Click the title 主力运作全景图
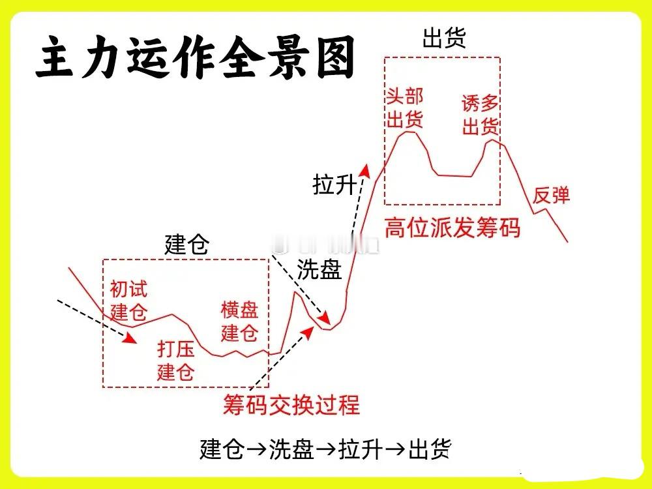click(x=196, y=58)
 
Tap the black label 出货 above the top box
click(x=444, y=38)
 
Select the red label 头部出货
click(x=405, y=108)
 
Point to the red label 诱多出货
click(x=481, y=115)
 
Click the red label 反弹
click(x=551, y=195)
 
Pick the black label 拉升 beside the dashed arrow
click(x=334, y=185)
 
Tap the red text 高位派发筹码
click(x=452, y=228)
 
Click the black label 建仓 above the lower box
click(x=186, y=246)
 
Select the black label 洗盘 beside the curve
click(x=319, y=269)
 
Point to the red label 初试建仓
click(x=128, y=300)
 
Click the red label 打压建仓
click(x=176, y=361)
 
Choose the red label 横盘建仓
click(x=240, y=321)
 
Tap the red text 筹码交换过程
click(x=291, y=404)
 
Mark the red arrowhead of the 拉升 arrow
click(x=366, y=171)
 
